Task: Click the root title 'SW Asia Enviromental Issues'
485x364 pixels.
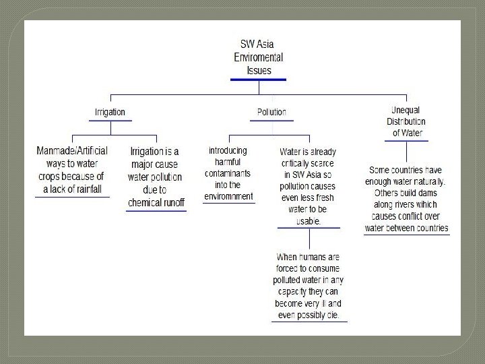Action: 258,57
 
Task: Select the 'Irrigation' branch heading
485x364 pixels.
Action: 109,112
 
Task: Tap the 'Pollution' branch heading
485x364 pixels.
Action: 271,112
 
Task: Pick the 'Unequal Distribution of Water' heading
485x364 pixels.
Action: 408,121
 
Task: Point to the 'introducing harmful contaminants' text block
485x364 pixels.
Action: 228,173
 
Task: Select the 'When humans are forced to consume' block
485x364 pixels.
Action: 309,286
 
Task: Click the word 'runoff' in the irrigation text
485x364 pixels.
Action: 170,202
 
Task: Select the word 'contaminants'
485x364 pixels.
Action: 229,173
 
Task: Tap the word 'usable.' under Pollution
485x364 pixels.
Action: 309,220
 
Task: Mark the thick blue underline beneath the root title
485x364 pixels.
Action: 258,79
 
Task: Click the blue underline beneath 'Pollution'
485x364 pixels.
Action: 271,121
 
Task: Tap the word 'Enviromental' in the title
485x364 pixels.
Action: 258,57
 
